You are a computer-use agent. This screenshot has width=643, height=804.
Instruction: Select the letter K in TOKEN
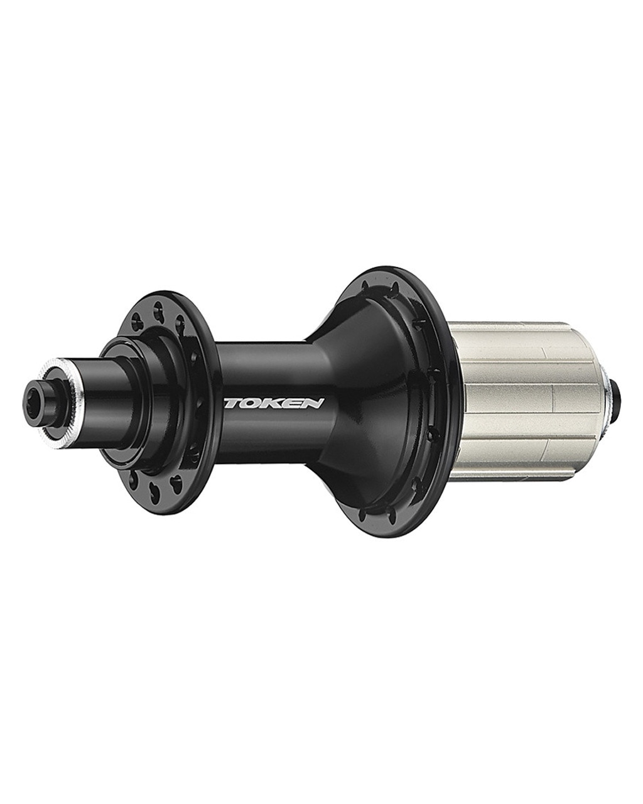(272, 403)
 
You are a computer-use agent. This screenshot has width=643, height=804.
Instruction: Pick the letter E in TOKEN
(291, 403)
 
